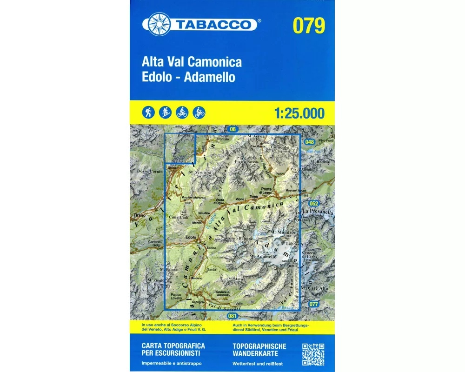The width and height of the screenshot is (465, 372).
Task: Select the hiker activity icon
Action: [148, 112]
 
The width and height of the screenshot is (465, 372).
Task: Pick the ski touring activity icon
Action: [165, 112]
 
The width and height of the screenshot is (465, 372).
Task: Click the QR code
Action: [312, 354]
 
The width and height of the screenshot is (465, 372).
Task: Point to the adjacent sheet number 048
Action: [310, 141]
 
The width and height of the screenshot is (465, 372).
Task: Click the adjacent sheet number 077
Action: [313, 304]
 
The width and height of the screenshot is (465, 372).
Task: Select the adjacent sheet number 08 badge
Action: [233, 128]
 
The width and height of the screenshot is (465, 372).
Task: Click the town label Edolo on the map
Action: [190, 238]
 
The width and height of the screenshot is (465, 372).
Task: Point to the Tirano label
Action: [139, 215]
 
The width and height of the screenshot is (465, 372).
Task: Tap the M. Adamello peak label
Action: [263, 256]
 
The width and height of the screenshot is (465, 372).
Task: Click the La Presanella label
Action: [318, 212]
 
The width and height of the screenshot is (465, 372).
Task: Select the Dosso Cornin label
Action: [149, 171]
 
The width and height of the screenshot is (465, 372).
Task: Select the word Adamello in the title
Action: [210, 77]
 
